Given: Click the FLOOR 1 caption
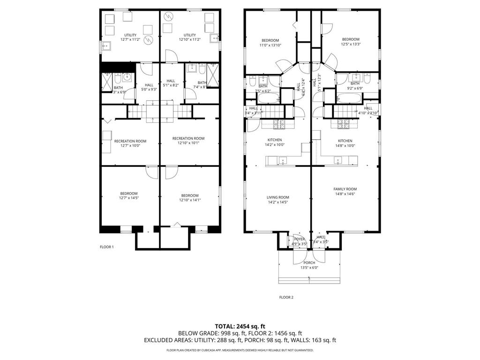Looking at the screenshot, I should tap(106, 247).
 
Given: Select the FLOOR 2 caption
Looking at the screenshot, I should tap(286, 297).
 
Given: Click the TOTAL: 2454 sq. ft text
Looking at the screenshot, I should tap(240, 326).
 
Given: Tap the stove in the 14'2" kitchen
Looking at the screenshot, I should tap(279, 125).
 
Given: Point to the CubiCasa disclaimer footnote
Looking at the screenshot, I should tap(240, 350).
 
